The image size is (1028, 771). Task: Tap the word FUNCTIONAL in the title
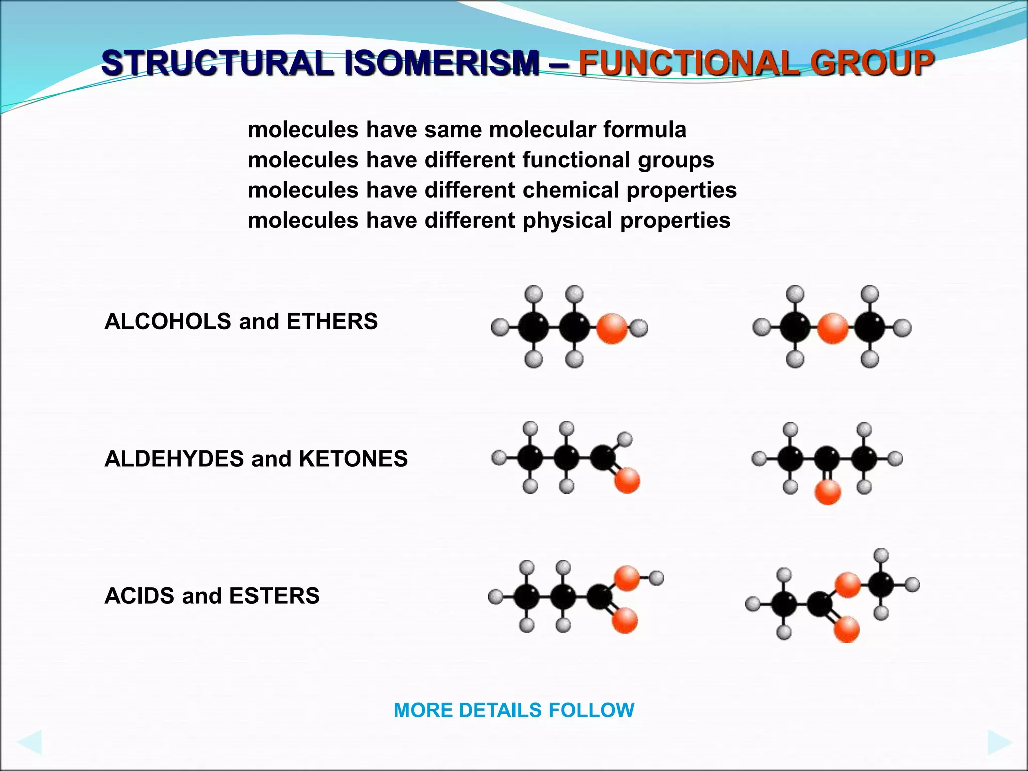pyautogui.click(x=688, y=63)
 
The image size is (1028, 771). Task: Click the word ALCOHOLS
pyautogui.click(x=168, y=321)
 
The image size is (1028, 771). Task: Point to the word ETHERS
pyautogui.click(x=332, y=321)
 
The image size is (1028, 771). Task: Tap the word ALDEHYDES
pyautogui.click(x=174, y=459)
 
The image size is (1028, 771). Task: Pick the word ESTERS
pyautogui.click(x=274, y=596)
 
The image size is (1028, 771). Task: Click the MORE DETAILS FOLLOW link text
pyautogui.click(x=514, y=710)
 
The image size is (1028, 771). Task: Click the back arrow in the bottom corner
pyautogui.click(x=29, y=742)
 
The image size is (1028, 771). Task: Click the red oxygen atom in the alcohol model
pyautogui.click(x=612, y=328)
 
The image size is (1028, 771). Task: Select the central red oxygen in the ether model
pyautogui.click(x=832, y=328)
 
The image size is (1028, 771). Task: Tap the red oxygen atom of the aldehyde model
pyautogui.click(x=627, y=480)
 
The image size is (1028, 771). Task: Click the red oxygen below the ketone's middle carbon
pyautogui.click(x=827, y=492)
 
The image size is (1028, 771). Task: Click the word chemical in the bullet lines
pyautogui.click(x=571, y=190)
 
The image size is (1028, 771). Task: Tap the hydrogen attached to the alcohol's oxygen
pyautogui.click(x=638, y=328)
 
